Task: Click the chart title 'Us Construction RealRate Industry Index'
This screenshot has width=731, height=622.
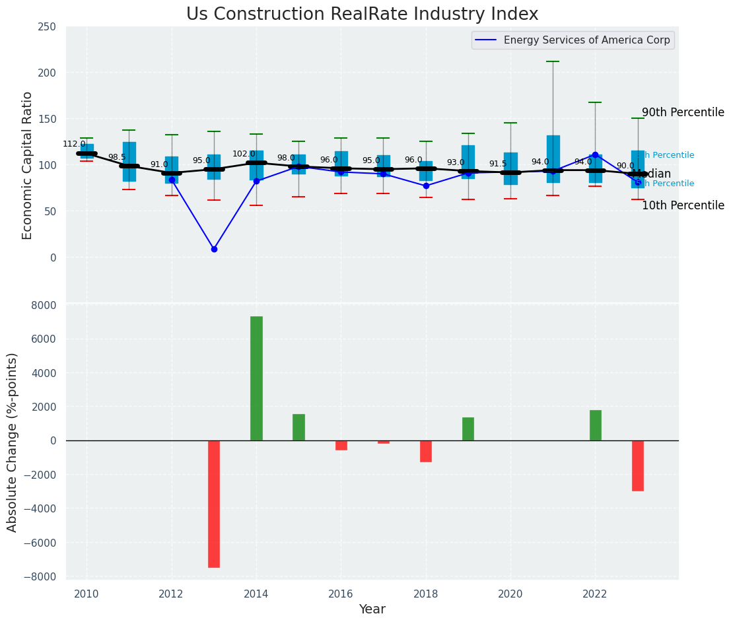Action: pos(362,15)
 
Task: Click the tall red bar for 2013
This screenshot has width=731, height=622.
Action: pos(214,504)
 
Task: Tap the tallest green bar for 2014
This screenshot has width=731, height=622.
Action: pos(256,378)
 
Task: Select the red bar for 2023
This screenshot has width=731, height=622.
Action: pos(638,466)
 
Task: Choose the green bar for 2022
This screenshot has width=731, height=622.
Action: pos(596,425)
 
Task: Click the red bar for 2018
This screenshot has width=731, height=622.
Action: pos(426,451)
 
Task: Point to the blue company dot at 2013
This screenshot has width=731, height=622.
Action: pos(214,249)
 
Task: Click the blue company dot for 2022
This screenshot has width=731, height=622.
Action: pos(595,155)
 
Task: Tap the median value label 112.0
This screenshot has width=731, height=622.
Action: pos(74,144)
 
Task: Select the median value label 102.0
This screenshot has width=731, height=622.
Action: pos(244,154)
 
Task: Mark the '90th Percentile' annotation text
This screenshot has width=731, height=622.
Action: pos(683,112)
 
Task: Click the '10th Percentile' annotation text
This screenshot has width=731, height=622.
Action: pos(683,205)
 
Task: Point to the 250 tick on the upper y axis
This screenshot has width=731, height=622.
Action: pos(48,27)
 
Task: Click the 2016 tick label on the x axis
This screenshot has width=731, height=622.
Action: pos(341,594)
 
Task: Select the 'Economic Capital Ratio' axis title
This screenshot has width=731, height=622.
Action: pos(28,165)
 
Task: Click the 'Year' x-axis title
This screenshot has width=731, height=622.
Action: pos(372,609)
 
